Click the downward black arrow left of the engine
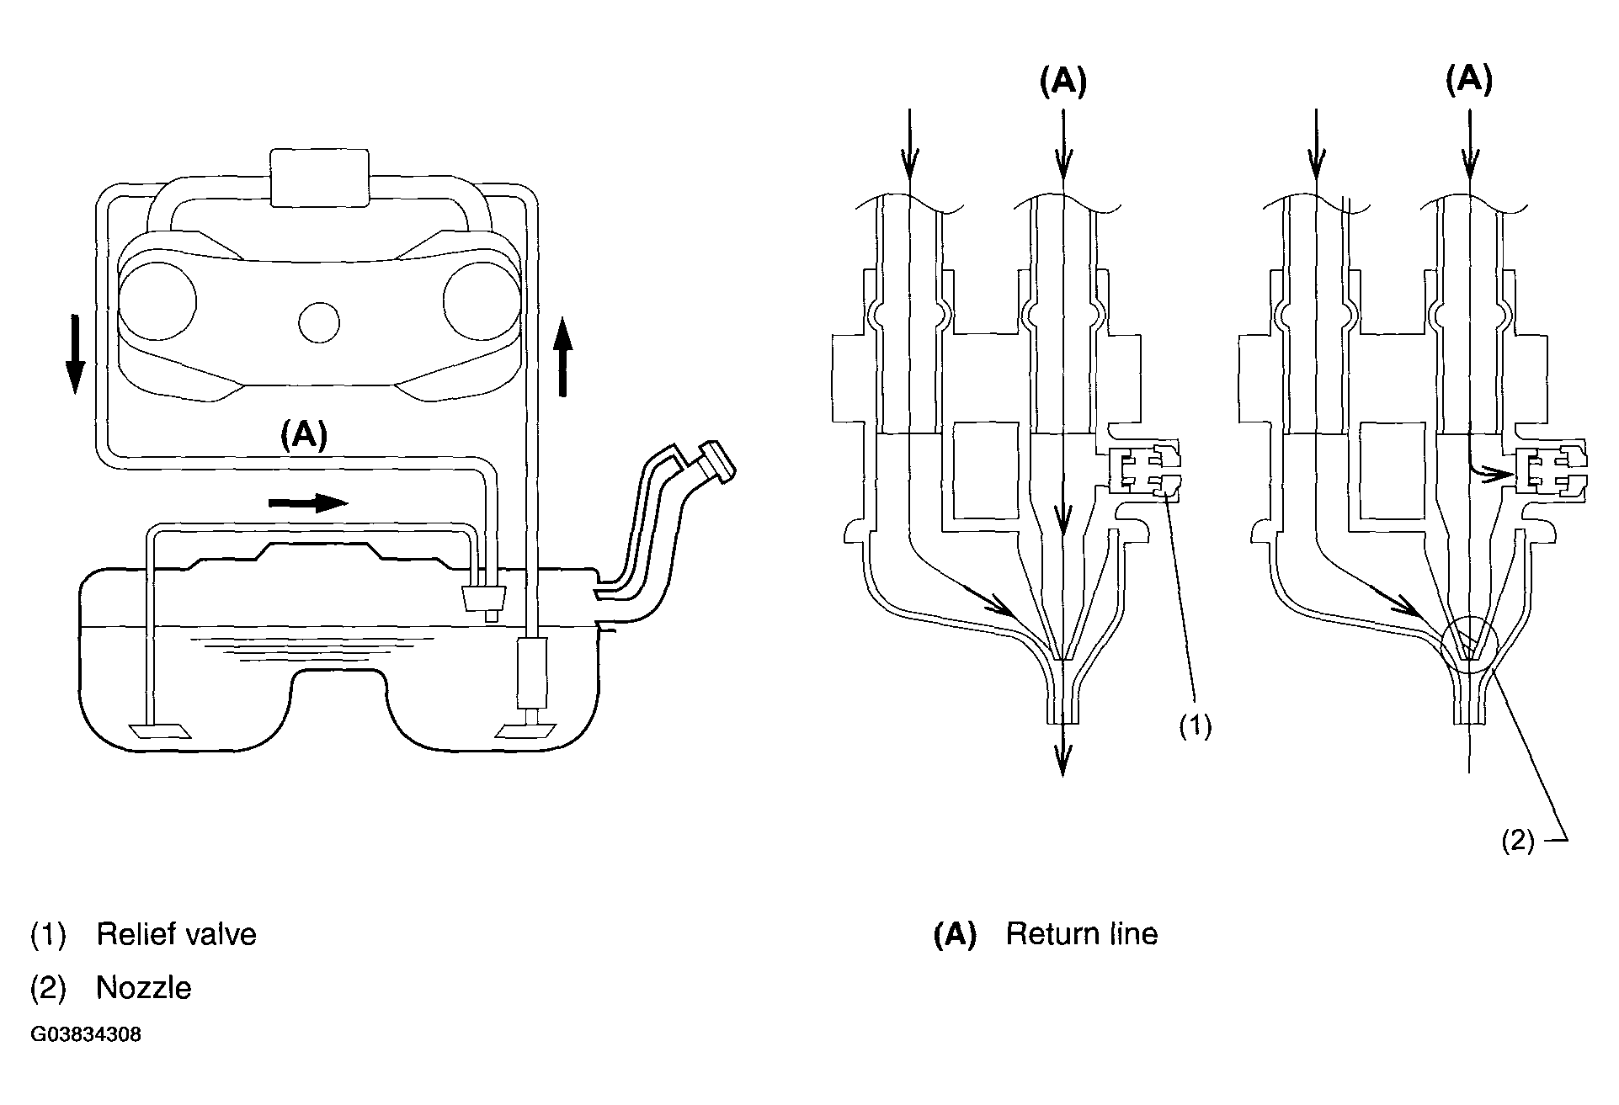click(75, 354)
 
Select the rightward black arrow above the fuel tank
click(307, 502)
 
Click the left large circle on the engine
click(157, 301)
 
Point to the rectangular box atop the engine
click(320, 178)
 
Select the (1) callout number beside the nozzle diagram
click(1194, 726)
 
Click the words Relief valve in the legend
click(176, 934)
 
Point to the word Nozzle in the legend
click(144, 987)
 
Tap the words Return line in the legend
click(1082, 934)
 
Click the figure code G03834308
click(86, 1034)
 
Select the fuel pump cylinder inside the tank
click(531, 672)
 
